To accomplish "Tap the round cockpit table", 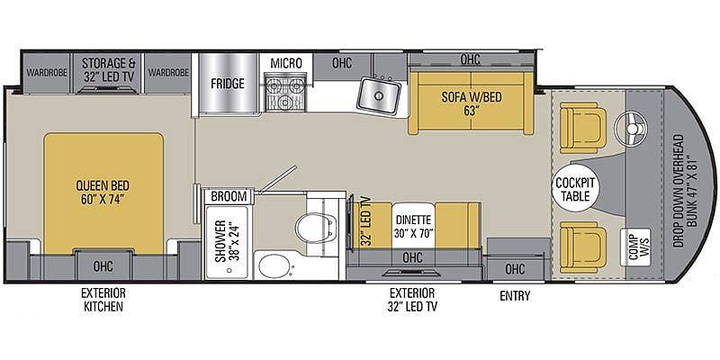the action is click(575, 188).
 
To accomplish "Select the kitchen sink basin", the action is click(379, 95).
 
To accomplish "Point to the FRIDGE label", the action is click(228, 84).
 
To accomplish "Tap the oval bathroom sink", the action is click(274, 265).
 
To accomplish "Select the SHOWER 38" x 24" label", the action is click(228, 241).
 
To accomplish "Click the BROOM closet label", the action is click(229, 196).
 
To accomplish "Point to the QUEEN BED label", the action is click(103, 193).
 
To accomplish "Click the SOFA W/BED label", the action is click(471, 103).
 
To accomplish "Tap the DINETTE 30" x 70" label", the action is click(413, 227).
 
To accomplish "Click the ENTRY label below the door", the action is click(515, 296).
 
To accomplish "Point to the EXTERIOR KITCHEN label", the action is click(103, 300).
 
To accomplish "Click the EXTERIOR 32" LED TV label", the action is click(411, 300).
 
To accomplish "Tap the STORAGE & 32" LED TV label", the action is click(108, 70).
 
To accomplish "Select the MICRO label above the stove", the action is click(285, 63).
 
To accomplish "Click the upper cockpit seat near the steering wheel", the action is click(582, 126).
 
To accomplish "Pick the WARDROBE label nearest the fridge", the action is click(169, 73).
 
